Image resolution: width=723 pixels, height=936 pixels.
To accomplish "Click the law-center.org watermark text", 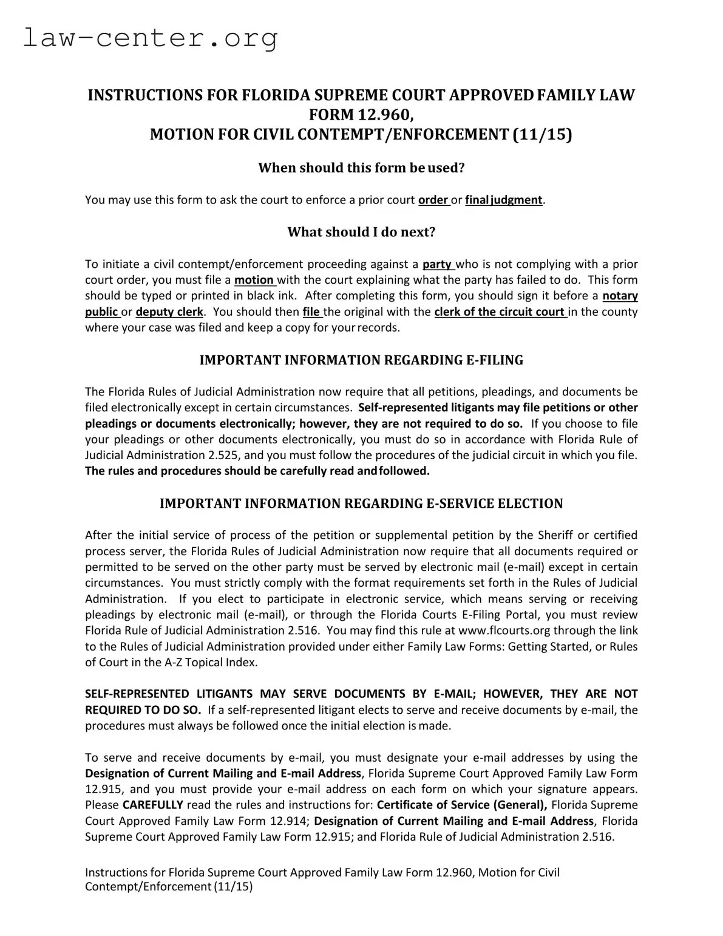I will click(151, 38).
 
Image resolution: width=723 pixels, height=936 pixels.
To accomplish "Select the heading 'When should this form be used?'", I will click(361, 168).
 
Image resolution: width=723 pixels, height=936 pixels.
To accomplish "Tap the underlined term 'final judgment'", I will click(503, 200).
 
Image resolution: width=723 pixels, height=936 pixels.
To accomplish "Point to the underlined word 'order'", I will click(433, 200).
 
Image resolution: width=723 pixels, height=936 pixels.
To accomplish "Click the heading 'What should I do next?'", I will click(361, 232).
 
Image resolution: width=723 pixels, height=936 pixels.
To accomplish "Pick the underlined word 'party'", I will click(437, 264).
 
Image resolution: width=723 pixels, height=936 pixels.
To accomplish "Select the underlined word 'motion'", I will click(254, 280).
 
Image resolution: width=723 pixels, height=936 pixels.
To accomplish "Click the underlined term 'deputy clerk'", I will click(169, 312).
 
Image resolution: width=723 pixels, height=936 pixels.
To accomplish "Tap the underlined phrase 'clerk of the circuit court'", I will click(500, 312).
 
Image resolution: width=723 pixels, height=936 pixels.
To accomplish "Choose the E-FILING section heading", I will click(361, 360).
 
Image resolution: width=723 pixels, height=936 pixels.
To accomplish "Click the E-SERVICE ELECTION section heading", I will click(361, 504).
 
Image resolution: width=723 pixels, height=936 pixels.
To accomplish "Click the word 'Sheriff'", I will click(555, 535).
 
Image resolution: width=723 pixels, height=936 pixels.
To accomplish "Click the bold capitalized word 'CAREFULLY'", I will click(152, 805).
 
